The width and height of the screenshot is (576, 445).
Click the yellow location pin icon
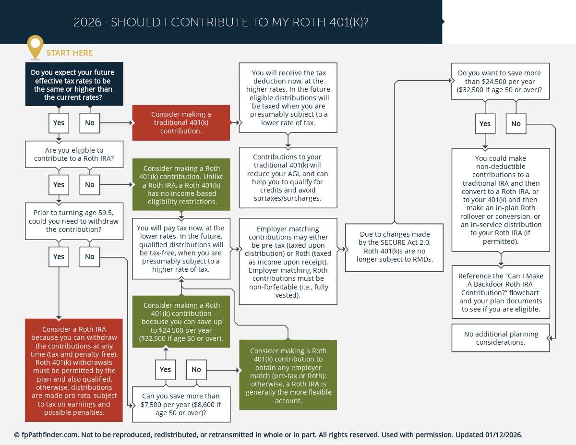coord(35,46)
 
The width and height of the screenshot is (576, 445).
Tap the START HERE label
coord(70,53)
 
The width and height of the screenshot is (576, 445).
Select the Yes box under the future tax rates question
coord(59,123)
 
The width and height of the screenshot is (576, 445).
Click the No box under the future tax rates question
coord(90,123)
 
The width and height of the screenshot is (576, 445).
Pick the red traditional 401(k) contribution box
coord(181,123)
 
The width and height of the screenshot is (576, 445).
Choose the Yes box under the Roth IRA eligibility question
coord(59,185)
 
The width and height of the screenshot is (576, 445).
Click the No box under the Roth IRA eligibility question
coord(90,185)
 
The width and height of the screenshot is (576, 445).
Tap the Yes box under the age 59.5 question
coord(59,257)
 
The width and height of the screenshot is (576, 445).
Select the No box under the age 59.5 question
coord(90,257)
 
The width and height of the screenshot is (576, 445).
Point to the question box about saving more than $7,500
coord(181,404)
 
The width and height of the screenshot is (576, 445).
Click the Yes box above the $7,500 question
coord(165,370)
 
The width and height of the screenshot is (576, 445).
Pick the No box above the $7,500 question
coord(196,370)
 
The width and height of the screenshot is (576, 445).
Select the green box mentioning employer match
coord(288,375)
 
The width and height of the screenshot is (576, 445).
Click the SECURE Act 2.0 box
coord(394,247)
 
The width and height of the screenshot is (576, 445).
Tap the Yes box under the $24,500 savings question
coord(485,124)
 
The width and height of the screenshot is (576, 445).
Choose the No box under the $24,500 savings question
coord(516,124)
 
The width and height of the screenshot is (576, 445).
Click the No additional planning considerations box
coord(501,338)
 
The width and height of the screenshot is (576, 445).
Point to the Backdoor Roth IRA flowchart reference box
coord(501,292)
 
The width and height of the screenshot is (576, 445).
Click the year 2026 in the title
coord(87,23)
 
